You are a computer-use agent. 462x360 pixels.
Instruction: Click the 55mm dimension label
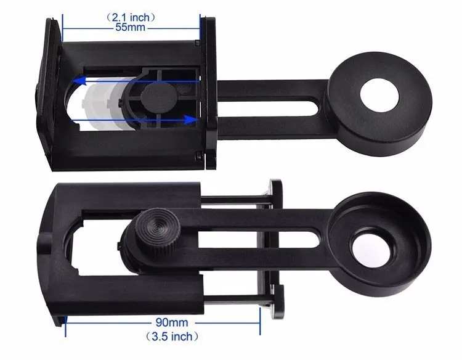130,27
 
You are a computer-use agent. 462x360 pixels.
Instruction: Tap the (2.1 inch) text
131,17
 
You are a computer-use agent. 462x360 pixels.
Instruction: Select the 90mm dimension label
172,322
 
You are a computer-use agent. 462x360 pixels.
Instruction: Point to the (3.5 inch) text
172,336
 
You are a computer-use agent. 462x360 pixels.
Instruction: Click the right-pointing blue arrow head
190,120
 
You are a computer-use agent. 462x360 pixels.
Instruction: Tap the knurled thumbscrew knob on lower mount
158,232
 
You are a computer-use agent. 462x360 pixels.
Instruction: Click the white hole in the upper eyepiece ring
379,95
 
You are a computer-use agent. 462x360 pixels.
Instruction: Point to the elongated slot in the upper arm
268,107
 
